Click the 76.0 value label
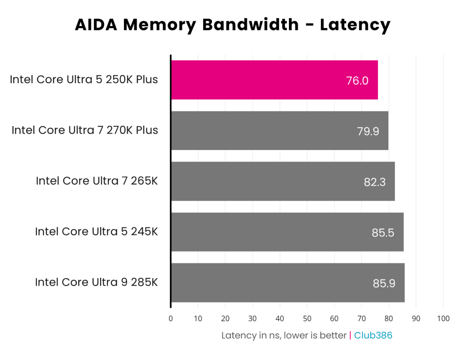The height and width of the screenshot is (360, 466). click(x=357, y=81)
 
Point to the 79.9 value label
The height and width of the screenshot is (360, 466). click(x=368, y=131)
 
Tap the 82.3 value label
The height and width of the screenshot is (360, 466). click(x=374, y=182)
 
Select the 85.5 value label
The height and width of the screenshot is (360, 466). click(x=383, y=233)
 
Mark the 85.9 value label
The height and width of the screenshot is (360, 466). click(x=384, y=283)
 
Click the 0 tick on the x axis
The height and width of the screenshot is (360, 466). click(x=171, y=319)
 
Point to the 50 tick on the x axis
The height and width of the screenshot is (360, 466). click(x=307, y=319)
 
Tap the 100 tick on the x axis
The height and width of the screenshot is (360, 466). click(x=443, y=319)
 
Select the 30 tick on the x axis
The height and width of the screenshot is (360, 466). click(x=252, y=319)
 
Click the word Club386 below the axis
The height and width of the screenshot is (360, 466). click(x=373, y=336)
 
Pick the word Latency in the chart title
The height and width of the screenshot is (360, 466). click(x=355, y=25)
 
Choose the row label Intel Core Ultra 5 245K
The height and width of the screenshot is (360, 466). click(x=96, y=232)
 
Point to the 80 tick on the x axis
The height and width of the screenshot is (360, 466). click(x=389, y=319)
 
